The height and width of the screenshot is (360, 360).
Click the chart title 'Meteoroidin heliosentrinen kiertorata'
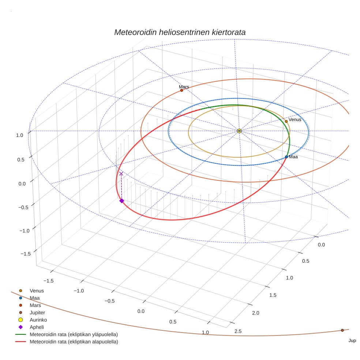point(180,32)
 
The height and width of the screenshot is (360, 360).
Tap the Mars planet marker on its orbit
point(181,90)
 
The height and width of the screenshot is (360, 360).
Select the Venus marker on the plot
point(286,121)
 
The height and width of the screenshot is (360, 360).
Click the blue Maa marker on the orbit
point(286,157)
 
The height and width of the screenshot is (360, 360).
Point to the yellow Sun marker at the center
point(239,131)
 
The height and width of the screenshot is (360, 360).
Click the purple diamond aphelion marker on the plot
point(121,200)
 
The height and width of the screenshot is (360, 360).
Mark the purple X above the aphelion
point(121,174)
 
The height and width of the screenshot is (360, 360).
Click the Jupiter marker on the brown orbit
point(342,330)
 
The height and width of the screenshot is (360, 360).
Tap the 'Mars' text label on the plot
point(184,87)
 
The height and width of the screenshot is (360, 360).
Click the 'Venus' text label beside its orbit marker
point(295,119)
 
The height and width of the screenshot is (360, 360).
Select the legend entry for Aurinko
point(38,320)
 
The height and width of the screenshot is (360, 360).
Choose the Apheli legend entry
point(37,327)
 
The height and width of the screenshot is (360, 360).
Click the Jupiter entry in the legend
point(37,312)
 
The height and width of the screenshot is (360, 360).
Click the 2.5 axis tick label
point(237,331)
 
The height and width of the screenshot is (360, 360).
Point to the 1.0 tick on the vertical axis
point(20,135)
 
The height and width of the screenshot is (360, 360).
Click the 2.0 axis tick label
point(255,312)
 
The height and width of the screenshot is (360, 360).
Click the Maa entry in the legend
point(35,298)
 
